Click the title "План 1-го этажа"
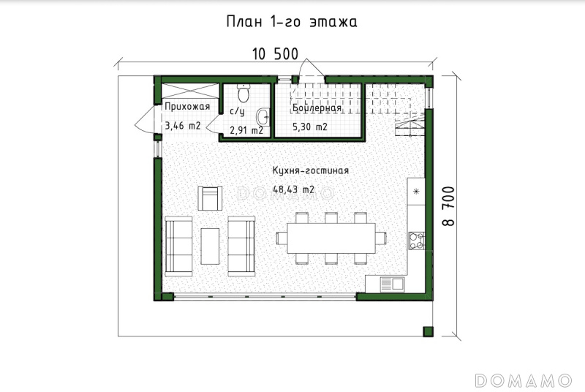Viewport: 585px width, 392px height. pyautogui.click(x=291, y=22)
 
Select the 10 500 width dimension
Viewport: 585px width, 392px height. pyautogui.click(x=276, y=54)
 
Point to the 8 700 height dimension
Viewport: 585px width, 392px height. pyautogui.click(x=448, y=206)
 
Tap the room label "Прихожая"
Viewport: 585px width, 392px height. pyautogui.click(x=187, y=107)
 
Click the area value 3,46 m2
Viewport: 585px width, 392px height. pyautogui.click(x=183, y=126)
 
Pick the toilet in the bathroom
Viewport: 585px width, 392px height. pyautogui.click(x=244, y=93)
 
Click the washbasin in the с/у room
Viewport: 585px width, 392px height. pyautogui.click(x=263, y=117)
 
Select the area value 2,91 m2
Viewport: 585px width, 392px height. pyautogui.click(x=246, y=130)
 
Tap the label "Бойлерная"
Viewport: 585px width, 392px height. pyautogui.click(x=317, y=108)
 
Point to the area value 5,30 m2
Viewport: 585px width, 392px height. pyautogui.click(x=309, y=127)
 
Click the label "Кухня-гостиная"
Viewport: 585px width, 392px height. pyautogui.click(x=310, y=171)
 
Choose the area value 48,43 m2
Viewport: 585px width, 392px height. pyautogui.click(x=294, y=189)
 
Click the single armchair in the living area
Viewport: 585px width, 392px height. pyautogui.click(x=210, y=198)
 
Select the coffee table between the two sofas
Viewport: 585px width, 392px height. pyautogui.click(x=210, y=246)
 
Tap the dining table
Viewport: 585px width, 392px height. pyautogui.click(x=331, y=238)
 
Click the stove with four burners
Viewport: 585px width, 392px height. pyautogui.click(x=417, y=241)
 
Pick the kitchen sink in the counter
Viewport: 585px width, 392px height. pyautogui.click(x=392, y=284)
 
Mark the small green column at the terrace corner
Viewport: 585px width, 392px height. pyautogui.click(x=428, y=331)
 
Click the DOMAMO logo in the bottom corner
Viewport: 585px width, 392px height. pyautogui.click(x=523, y=380)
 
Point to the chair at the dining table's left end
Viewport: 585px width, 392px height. pyautogui.click(x=282, y=238)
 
